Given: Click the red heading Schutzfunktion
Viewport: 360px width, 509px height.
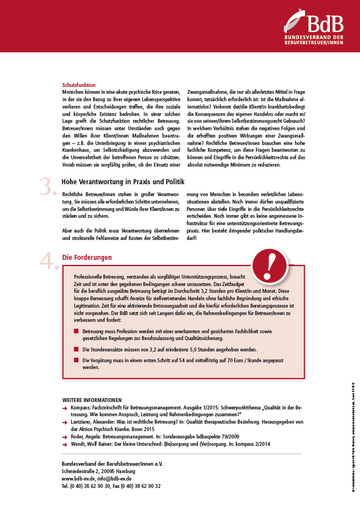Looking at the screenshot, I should [79, 85].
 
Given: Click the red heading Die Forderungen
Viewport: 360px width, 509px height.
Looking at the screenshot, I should [87, 257].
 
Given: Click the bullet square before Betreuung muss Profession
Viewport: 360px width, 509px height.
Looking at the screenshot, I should [77, 330].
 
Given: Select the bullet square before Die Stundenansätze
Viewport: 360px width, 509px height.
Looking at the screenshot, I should [77, 349].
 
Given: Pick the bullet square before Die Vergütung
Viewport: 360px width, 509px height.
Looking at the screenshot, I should [77, 360].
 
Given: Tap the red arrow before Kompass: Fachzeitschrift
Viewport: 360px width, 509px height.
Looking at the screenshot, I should [65, 408].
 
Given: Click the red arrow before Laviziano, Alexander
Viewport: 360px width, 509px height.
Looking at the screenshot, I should [65, 423].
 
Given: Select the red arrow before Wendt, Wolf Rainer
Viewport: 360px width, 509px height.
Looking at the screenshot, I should [65, 445].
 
